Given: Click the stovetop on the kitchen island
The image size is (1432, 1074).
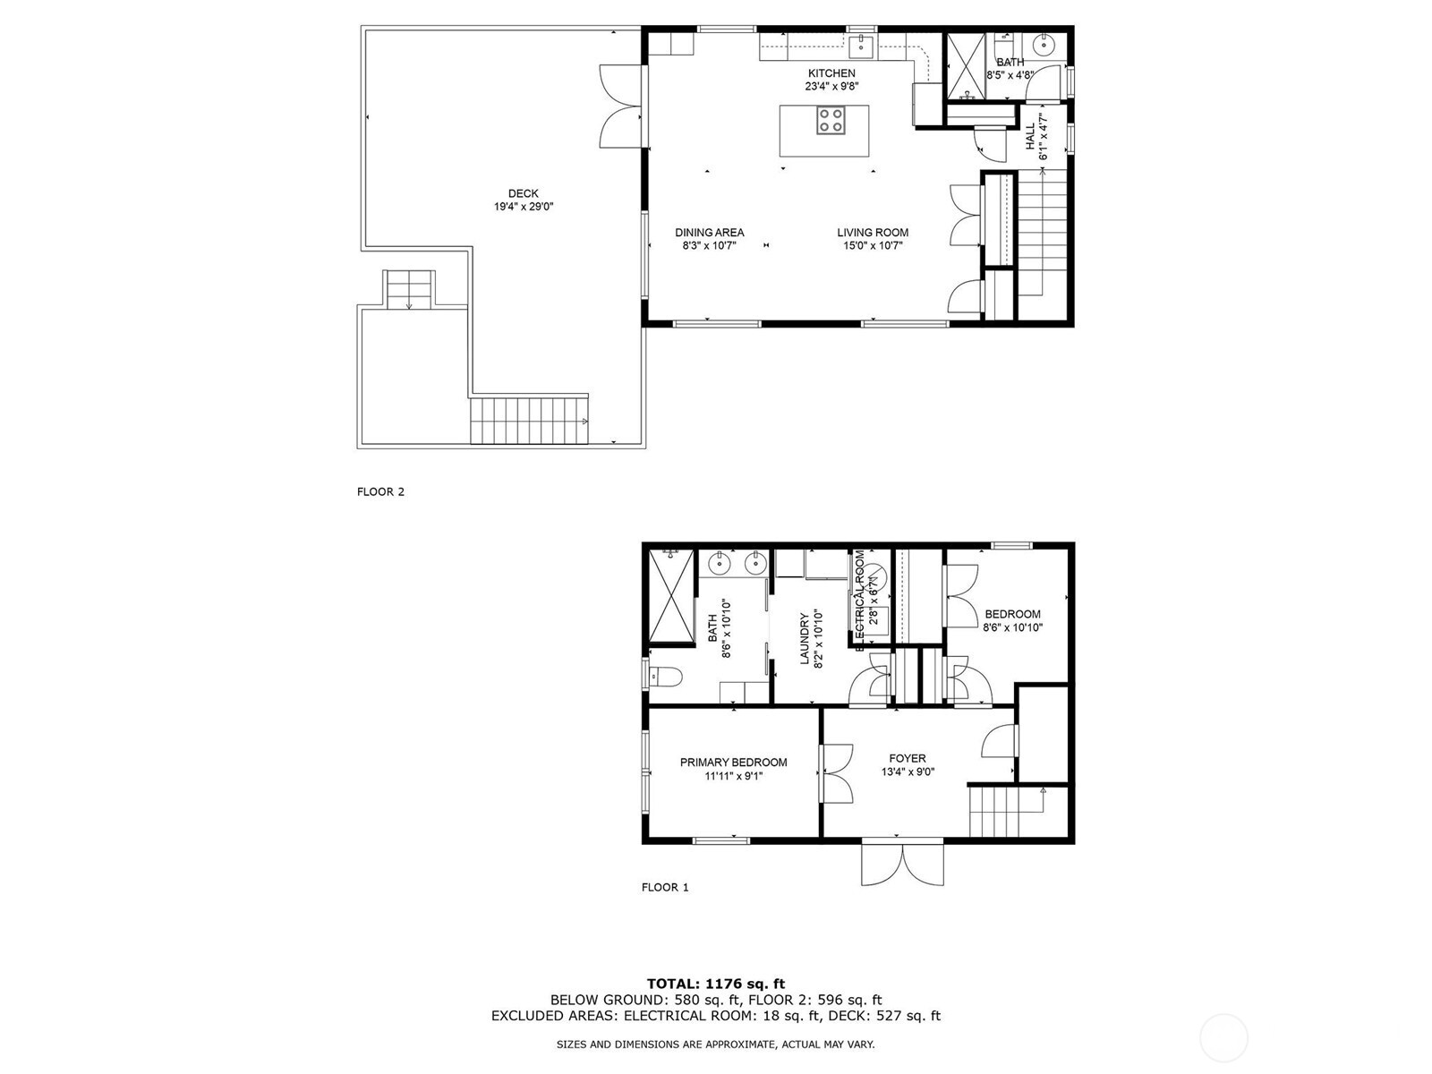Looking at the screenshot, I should tap(831, 120).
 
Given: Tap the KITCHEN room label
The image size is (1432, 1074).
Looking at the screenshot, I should tap(831, 73).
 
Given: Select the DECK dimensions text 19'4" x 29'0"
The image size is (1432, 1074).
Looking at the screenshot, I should tap(524, 207).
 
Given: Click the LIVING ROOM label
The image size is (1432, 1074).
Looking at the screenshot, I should tap(873, 233).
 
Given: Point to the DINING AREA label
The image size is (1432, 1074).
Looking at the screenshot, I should tap(709, 233).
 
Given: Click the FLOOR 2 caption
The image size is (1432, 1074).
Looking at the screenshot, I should tap(380, 491).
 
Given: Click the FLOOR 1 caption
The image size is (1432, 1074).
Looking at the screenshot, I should tap(665, 887).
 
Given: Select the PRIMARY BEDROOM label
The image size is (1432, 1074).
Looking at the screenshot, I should tap(733, 763).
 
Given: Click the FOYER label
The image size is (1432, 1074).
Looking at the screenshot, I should tap(907, 758).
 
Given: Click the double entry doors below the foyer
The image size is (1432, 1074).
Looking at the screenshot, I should tap(902, 864).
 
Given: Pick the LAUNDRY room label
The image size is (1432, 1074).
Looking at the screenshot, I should tap(804, 638).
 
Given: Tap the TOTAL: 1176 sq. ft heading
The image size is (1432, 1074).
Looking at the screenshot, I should tap(716, 984).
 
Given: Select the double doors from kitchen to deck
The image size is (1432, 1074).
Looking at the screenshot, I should tap(620, 106).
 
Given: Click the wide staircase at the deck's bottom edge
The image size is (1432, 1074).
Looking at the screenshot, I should tap(529, 421).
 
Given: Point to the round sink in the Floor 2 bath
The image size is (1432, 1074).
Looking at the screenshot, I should tap(1044, 44).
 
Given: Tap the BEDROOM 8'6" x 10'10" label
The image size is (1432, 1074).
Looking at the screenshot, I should tap(1012, 620).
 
